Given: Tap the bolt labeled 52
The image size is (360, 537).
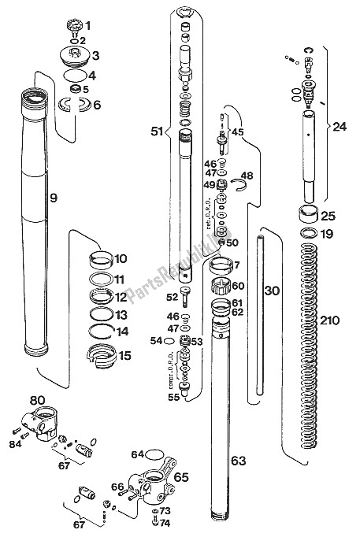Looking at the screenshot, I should pyautogui.click(x=187, y=296).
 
